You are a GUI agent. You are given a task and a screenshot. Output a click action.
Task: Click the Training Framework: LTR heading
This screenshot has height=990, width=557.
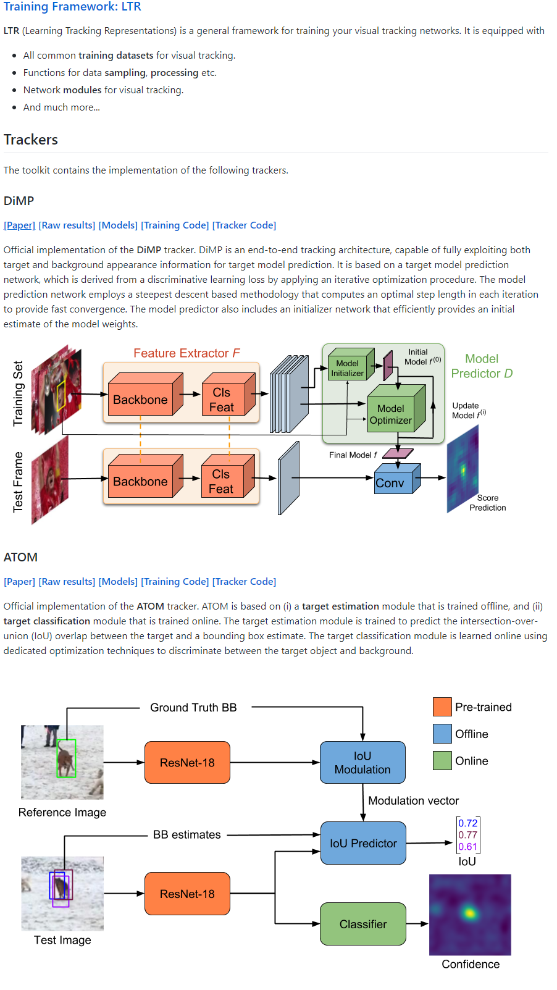pos(72,7)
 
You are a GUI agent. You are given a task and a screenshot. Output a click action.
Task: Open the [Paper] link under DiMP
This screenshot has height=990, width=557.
pos(19,225)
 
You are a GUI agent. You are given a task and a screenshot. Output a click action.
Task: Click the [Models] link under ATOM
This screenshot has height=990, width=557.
pos(118,582)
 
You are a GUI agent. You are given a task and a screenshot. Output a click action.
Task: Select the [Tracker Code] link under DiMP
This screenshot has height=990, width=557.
pos(244,225)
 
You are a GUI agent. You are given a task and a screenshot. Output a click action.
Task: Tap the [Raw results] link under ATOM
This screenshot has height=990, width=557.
pos(67,582)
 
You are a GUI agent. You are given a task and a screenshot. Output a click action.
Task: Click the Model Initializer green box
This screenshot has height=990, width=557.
pos(348,368)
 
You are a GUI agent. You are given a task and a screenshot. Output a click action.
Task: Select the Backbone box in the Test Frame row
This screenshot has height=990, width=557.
pos(141,481)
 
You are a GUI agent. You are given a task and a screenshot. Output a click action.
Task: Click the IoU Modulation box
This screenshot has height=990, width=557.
pos(362,763)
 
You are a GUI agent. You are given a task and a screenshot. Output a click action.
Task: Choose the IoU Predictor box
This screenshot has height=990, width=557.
pos(363,843)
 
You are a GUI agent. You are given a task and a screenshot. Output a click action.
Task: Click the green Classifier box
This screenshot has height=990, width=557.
pos(362,924)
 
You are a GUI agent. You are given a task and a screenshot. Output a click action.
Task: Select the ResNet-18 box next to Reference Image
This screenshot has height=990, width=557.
pos(187,763)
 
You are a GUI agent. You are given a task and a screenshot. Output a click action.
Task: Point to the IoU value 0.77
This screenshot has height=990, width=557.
pos(467,835)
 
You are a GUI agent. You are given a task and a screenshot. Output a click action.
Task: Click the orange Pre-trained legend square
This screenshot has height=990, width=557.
pos(442,707)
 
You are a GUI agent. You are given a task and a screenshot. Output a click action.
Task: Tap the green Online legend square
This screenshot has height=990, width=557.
pos(442,760)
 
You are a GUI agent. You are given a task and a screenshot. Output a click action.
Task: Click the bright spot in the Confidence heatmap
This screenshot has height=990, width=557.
pos(470,912)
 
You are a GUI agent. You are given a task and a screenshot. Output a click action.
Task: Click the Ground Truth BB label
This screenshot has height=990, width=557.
pos(193,708)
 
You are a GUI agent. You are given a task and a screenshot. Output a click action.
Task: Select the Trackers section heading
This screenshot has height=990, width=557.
pos(31,140)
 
